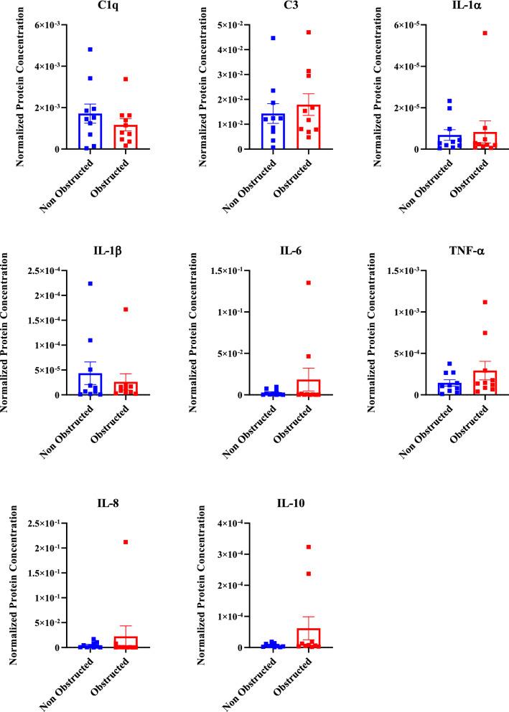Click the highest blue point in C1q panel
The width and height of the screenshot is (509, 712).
pyautogui.click(x=90, y=49)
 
